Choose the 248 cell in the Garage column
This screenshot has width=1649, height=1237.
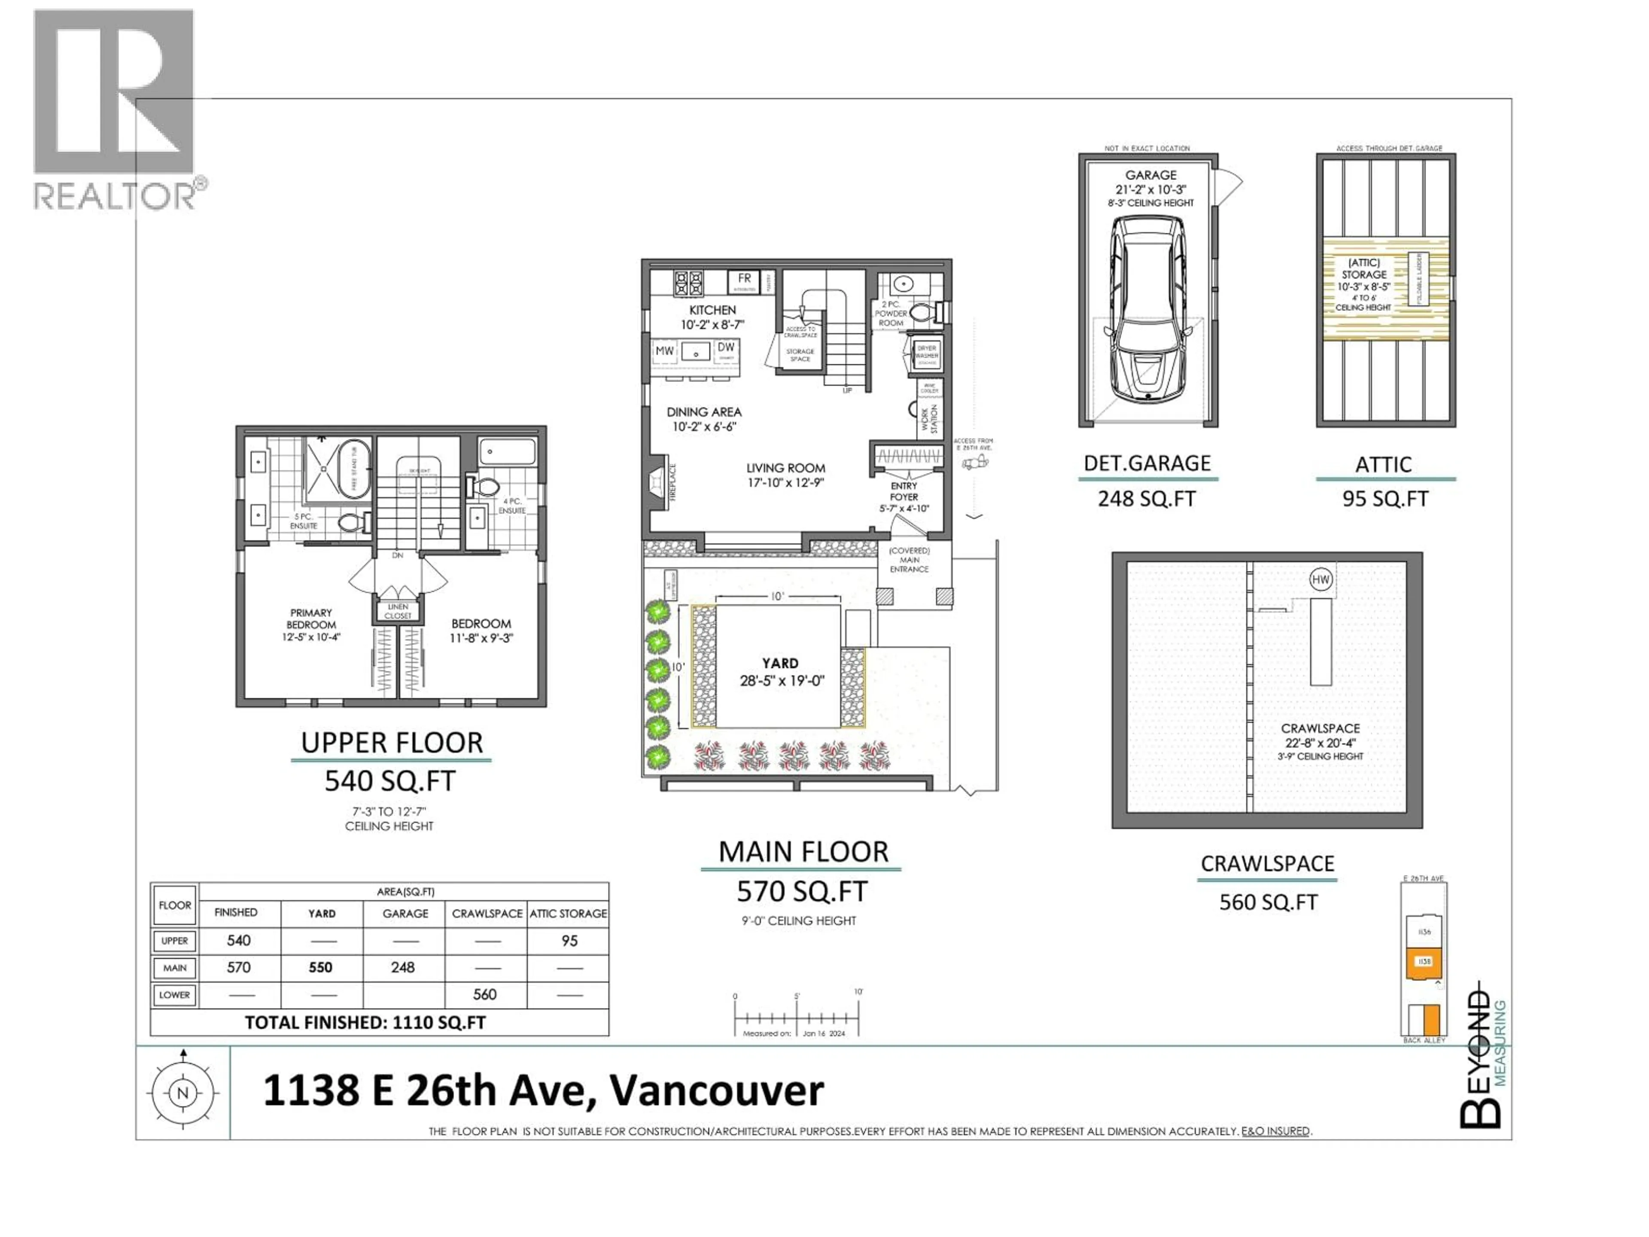402,967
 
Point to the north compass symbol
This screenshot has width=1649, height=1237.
183,1093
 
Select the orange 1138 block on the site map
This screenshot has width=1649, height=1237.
1424,962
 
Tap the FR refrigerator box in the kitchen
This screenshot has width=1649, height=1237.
744,281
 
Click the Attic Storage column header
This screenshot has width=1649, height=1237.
568,914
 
